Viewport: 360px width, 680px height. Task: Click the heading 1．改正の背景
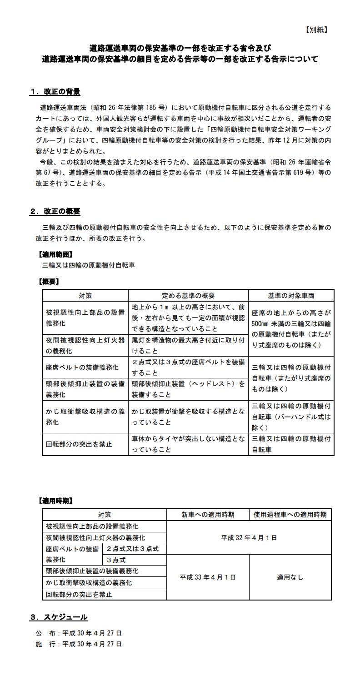(55, 92)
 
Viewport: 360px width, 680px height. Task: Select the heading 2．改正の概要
(55, 212)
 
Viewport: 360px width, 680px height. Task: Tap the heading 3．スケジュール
(59, 617)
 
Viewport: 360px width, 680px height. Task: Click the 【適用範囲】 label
(54, 254)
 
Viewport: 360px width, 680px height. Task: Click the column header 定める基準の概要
(188, 295)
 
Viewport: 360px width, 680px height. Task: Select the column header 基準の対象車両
(291, 295)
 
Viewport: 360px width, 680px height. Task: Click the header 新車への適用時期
(208, 515)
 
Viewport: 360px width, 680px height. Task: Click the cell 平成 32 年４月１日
(249, 538)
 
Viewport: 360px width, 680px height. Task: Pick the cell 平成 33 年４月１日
(208, 577)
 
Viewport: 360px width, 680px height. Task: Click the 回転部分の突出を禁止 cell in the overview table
(79, 444)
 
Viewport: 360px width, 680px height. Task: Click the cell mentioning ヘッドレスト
(188, 389)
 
